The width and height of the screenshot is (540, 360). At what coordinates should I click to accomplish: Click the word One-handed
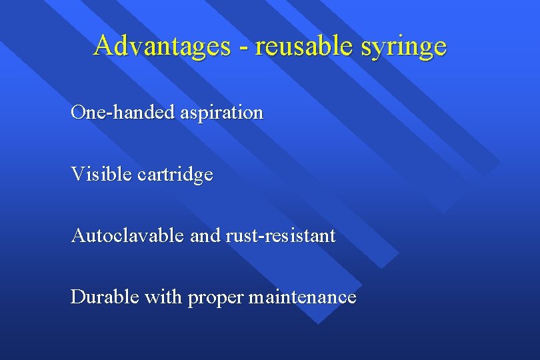click(x=123, y=112)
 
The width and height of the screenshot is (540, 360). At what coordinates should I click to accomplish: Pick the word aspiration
click(x=221, y=113)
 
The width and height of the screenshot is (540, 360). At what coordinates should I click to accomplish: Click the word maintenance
click(x=302, y=297)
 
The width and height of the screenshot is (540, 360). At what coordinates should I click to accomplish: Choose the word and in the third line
click(x=202, y=235)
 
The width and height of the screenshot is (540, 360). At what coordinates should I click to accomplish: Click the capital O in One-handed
click(x=77, y=112)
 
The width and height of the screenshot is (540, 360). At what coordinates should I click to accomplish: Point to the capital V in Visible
click(x=77, y=174)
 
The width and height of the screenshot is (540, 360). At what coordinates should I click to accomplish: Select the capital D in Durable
click(x=77, y=297)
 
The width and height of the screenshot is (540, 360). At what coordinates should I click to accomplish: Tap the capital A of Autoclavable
click(x=78, y=235)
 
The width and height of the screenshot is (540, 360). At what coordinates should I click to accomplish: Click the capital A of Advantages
click(x=103, y=45)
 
